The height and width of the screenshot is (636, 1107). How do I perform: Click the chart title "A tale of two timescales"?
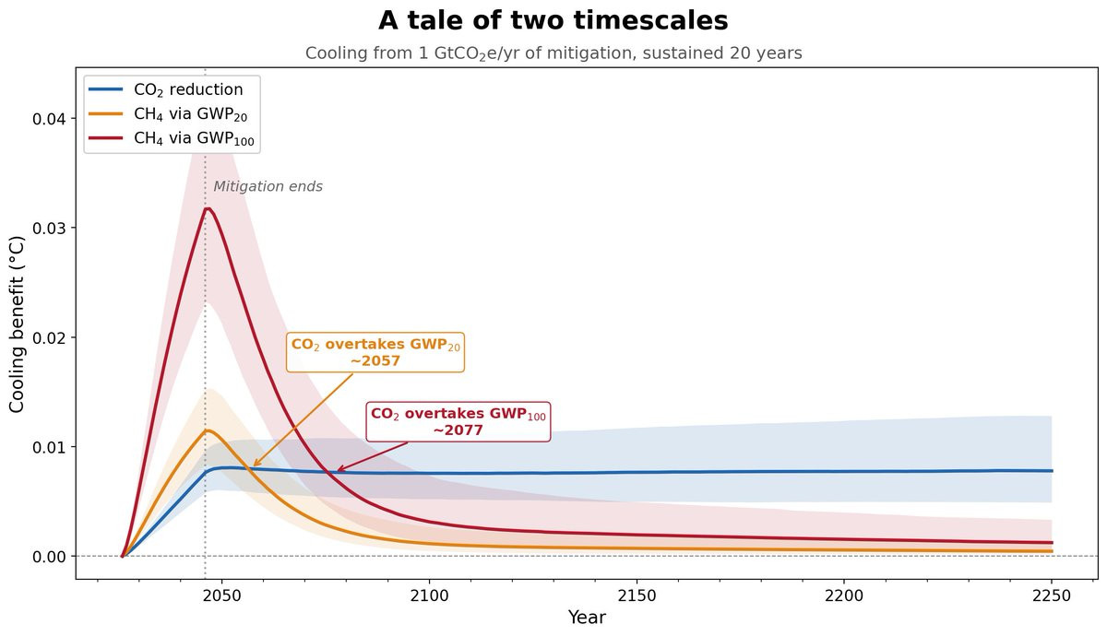[553, 21]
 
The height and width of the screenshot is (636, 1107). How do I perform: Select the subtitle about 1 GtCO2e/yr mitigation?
[553, 53]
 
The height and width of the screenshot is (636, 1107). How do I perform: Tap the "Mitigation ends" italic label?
[268, 187]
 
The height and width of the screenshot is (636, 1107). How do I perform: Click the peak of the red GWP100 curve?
[208, 208]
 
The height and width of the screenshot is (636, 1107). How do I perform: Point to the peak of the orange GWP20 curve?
[209, 430]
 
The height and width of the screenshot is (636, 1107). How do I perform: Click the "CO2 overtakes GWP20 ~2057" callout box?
[375, 352]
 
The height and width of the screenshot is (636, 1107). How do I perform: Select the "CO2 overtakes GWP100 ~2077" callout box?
[458, 422]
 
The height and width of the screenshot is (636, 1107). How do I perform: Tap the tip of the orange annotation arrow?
[253, 466]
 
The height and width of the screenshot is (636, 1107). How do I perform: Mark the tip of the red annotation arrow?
[337, 471]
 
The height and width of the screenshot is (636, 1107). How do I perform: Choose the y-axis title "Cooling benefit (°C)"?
[17, 324]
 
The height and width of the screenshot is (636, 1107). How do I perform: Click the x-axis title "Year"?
[587, 618]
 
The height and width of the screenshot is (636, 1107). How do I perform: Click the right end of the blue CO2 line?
[1052, 471]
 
